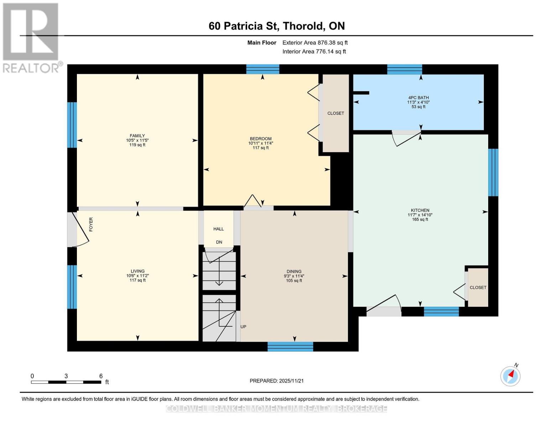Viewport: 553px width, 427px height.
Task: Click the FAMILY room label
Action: (137, 136)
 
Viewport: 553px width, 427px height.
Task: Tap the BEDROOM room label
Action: (261, 139)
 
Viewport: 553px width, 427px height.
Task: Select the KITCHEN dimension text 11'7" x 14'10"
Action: (420, 215)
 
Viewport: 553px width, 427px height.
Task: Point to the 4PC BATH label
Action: (418, 97)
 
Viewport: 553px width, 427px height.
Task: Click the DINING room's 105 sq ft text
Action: (294, 281)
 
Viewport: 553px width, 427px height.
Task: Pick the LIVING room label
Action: (137, 271)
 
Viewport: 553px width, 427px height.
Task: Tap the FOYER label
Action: (91, 225)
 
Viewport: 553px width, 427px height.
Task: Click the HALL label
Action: (219, 229)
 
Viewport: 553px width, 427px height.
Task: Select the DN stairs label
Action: (219, 242)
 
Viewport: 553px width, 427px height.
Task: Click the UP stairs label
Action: (243, 327)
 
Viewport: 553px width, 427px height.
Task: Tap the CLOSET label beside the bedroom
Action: (335, 113)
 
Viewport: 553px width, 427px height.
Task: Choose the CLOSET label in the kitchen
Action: (478, 288)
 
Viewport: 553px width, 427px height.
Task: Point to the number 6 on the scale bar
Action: (101, 376)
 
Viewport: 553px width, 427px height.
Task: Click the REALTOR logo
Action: (31, 37)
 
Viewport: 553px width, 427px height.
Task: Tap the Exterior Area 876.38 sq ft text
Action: (315, 43)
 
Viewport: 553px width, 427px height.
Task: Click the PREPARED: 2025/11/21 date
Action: (276, 381)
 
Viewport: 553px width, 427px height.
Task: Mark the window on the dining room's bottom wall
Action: (290, 347)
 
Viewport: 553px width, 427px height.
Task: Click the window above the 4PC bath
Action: (405, 69)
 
